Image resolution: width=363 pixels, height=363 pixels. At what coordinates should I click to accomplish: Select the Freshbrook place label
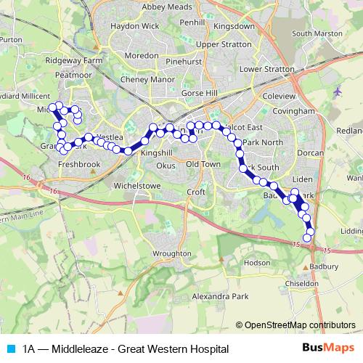pos(79,165)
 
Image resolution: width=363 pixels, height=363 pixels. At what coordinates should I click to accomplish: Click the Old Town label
pos(203,165)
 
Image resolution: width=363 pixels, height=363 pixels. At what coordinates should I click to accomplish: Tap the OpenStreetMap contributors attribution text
pos(301,325)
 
